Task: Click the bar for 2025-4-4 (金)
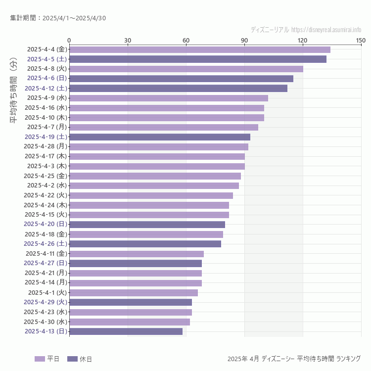click(x=199, y=49)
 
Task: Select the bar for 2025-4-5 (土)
click(x=197, y=59)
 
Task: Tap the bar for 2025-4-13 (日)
click(x=126, y=331)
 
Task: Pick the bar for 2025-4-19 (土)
click(x=159, y=137)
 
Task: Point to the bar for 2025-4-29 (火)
click(x=130, y=302)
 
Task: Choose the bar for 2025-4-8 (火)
click(x=186, y=69)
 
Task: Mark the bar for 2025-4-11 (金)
click(x=136, y=254)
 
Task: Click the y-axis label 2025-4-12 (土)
click(x=46, y=88)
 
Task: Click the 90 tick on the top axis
click(x=244, y=40)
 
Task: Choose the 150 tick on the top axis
click(x=361, y=40)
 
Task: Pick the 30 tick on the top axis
click(x=128, y=40)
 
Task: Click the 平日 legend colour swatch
click(x=40, y=359)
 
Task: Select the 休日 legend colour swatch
click(x=72, y=359)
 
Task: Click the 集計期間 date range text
click(x=58, y=18)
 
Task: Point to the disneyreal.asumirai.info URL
click(x=326, y=30)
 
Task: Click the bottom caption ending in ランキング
click(x=294, y=359)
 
